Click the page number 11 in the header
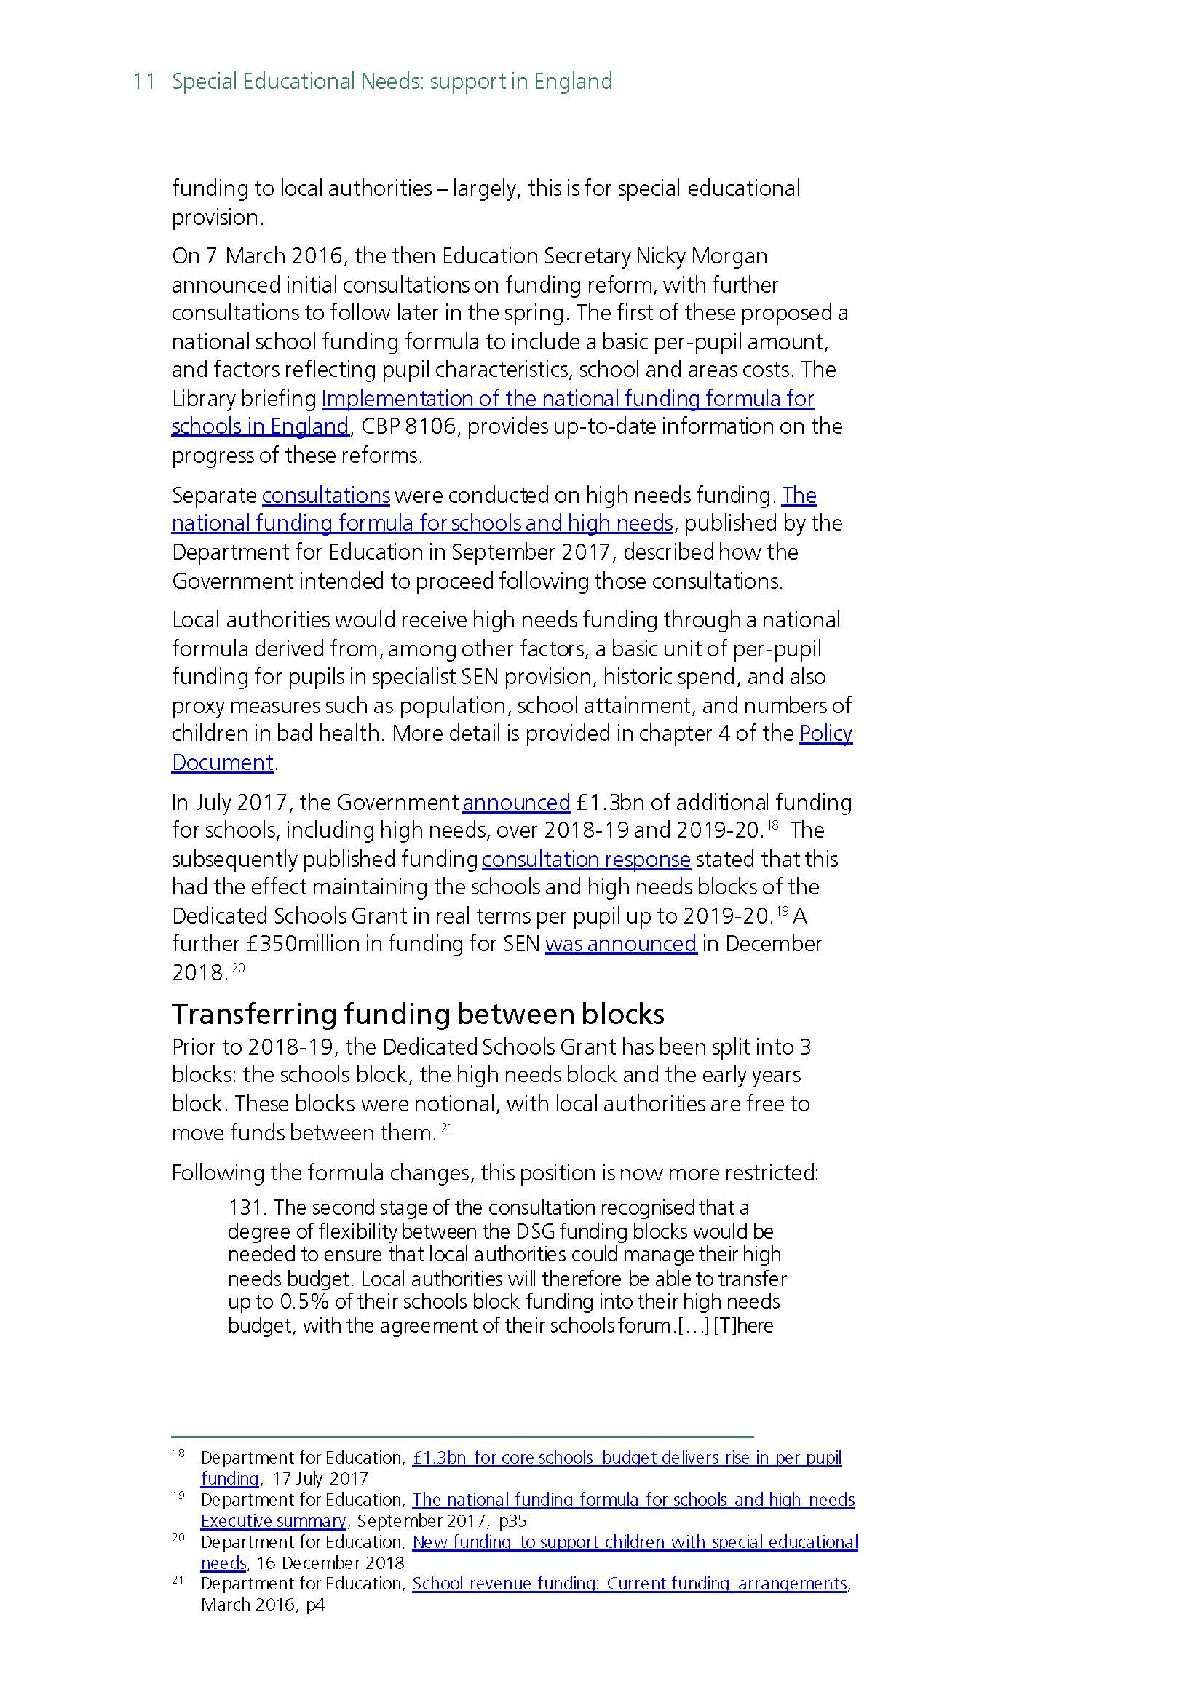coord(143,81)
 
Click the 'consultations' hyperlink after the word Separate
coord(325,495)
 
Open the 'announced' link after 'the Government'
coord(516,802)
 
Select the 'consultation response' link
coord(586,859)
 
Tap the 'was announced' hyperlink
coord(621,943)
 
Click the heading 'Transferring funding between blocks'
coord(418,1013)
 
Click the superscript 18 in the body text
coord(772,824)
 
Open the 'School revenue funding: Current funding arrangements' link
coord(629,1583)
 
